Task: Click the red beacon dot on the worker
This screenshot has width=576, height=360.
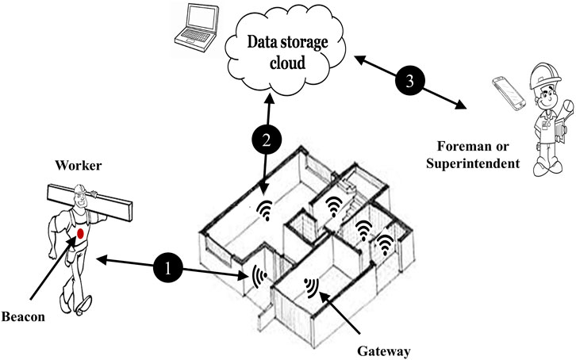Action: (x=80, y=234)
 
